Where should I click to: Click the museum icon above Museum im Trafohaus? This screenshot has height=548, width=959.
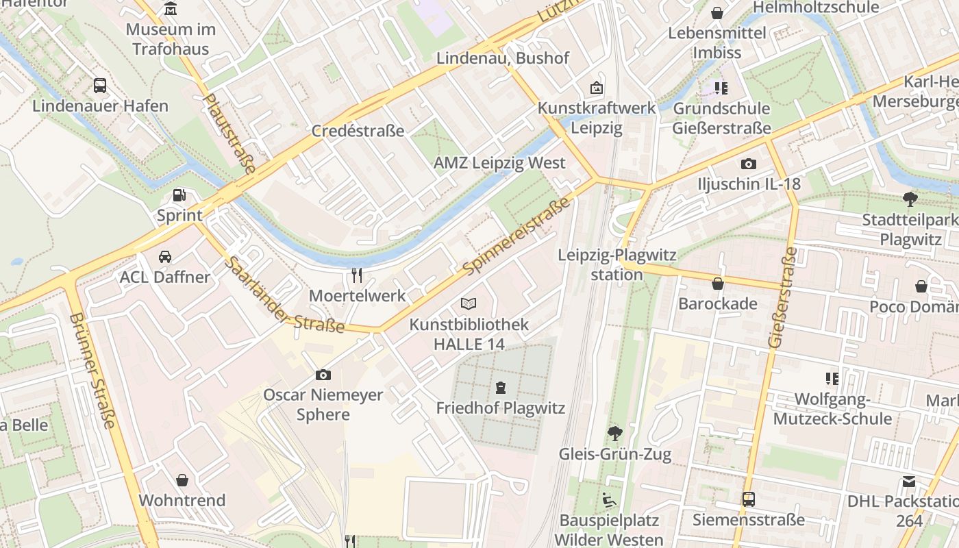tap(171, 9)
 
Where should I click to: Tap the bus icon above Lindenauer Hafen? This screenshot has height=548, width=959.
tap(100, 86)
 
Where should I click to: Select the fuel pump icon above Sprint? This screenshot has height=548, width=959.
tap(179, 195)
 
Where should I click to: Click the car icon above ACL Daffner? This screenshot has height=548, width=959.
tap(165, 257)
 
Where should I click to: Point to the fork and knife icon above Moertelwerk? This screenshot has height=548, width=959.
tap(357, 275)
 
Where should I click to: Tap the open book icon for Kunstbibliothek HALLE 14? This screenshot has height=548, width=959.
tap(469, 303)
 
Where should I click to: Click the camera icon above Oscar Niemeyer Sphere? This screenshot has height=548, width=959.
tap(323, 375)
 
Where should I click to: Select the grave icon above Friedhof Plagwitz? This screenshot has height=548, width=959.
tap(501, 388)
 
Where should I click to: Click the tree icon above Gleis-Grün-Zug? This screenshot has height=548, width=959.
tap(614, 433)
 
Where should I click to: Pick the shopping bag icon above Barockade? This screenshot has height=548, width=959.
tap(718, 283)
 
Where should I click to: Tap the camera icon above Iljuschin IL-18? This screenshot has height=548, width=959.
tap(748, 164)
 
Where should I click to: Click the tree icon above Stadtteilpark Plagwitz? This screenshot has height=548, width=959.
tap(910, 199)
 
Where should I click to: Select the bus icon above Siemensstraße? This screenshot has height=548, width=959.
tap(748, 499)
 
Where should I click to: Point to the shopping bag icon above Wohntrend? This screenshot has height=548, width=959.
tap(182, 480)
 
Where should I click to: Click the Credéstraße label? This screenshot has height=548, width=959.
tap(358, 131)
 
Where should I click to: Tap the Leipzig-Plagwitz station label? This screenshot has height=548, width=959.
tap(617, 264)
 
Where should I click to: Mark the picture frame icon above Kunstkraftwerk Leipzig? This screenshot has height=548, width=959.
tap(597, 88)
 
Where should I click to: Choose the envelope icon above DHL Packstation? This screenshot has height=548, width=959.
tap(909, 482)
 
